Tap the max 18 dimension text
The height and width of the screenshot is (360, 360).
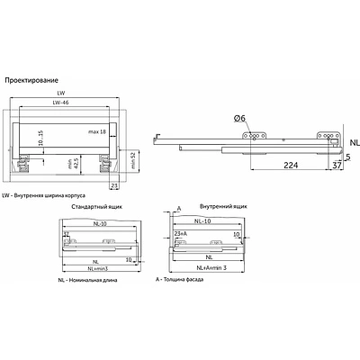(111, 132)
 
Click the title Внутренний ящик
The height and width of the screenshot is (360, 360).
(210, 207)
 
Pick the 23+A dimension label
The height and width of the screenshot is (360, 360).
(184, 233)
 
